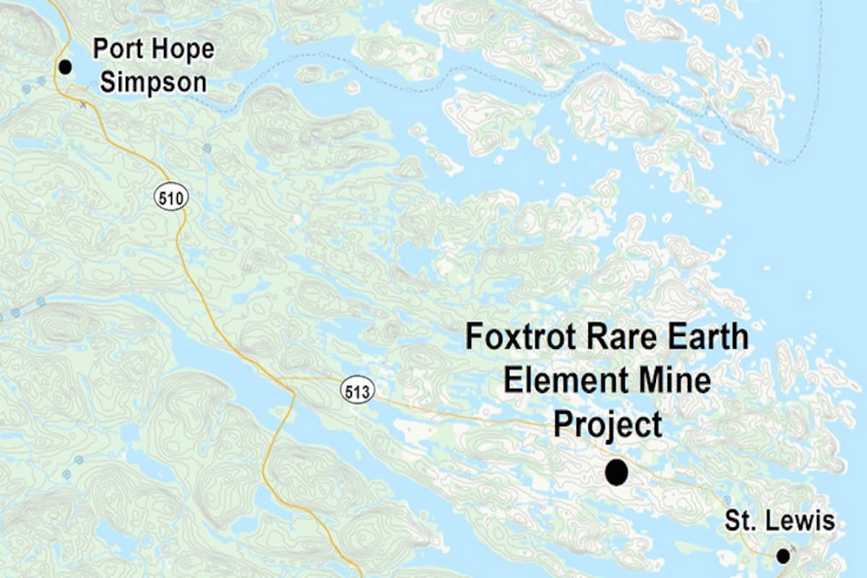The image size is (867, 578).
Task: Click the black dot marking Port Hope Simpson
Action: coord(66,67)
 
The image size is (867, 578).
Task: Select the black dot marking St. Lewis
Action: coord(782,556)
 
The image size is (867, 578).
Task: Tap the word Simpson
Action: coord(153,82)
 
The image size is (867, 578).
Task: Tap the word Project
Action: coord(608,424)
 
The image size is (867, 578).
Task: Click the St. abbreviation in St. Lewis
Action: coord(740,520)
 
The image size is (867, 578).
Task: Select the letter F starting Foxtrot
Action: coord(473,337)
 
